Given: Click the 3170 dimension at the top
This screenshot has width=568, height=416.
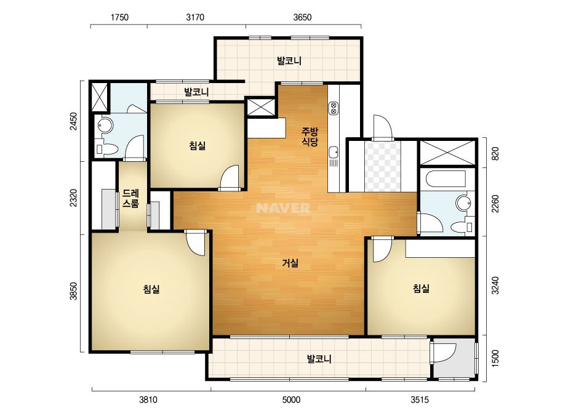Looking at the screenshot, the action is [195, 17].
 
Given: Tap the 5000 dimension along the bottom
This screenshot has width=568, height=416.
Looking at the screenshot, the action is [291, 400].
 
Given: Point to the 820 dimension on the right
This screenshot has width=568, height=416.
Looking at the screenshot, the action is [495, 153].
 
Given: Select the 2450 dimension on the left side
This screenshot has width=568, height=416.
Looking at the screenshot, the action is [73, 121].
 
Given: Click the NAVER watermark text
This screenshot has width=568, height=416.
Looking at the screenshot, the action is [283, 208].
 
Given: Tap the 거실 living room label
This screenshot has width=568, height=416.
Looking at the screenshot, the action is [290, 263].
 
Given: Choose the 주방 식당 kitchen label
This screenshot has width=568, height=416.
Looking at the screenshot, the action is [310, 136].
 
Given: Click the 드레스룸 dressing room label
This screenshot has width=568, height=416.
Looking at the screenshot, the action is [130, 198].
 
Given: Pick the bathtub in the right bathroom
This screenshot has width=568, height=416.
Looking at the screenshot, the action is [446, 179].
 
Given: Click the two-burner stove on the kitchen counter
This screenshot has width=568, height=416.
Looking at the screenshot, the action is [334, 108].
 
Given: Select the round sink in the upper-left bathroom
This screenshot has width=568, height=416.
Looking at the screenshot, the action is [105, 125].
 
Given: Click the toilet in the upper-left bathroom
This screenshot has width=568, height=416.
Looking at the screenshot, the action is [106, 148].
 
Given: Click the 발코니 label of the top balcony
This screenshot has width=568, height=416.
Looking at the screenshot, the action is [289, 60].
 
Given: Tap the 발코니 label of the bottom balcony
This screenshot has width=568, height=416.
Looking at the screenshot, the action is [319, 359].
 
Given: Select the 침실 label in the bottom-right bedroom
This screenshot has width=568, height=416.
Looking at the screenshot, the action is [421, 289].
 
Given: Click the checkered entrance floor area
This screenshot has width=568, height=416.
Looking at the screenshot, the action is [383, 166].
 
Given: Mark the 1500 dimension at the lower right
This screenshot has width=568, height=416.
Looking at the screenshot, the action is [495, 358].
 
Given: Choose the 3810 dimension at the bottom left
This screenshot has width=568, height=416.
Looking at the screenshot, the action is [148, 400].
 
